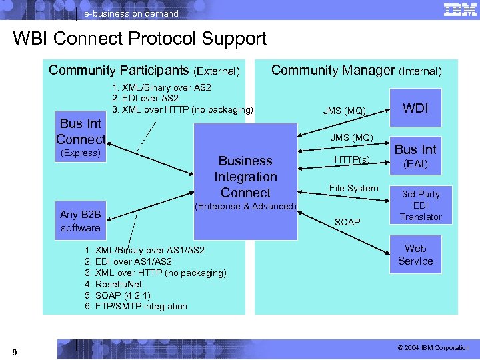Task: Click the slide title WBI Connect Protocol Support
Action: tap(139, 39)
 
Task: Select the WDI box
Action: tap(415, 108)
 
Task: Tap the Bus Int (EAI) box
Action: tap(415, 155)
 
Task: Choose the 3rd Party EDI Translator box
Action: tap(420, 205)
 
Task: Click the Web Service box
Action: tap(415, 255)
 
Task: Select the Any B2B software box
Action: tap(80, 221)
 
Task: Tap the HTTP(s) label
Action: tap(352, 159)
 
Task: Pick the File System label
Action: tap(353, 188)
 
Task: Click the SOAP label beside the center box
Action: tap(347, 221)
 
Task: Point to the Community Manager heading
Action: tap(356, 70)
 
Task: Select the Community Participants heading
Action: tap(144, 70)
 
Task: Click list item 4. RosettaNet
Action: tap(113, 284)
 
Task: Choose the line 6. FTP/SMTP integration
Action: tap(135, 307)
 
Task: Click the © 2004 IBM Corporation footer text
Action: tap(433, 348)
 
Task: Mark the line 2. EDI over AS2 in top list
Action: tap(145, 98)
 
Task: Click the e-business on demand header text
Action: tap(131, 13)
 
